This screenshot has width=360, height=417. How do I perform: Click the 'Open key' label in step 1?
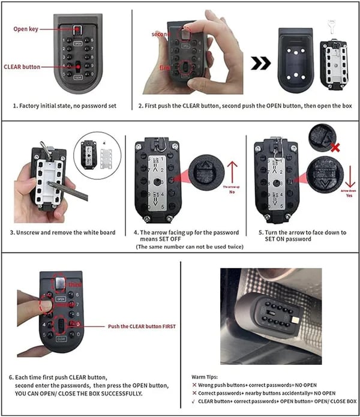(x=26, y=29)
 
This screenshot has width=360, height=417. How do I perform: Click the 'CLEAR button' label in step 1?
(x=22, y=67)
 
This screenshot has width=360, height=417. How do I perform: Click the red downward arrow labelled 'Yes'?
(x=347, y=174)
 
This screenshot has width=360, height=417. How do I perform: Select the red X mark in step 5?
(x=334, y=146)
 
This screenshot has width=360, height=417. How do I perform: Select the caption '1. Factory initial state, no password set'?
(x=64, y=106)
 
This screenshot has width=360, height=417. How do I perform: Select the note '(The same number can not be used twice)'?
(x=186, y=247)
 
